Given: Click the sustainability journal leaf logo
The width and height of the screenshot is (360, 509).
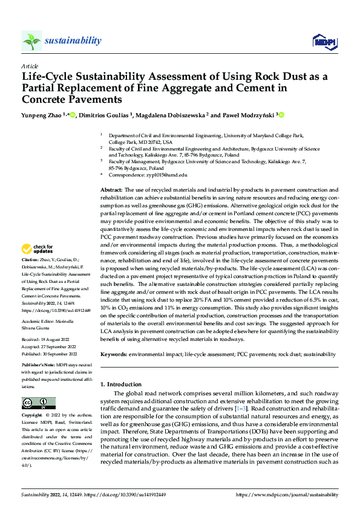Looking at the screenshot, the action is (x=32, y=41).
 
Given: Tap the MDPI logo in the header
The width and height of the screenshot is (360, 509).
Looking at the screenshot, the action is (x=321, y=41).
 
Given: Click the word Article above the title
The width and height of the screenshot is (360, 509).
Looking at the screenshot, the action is (x=30, y=65).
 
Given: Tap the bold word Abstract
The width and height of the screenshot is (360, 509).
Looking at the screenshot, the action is (x=113, y=190).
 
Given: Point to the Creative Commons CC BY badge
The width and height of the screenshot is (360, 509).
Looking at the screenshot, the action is (x=39, y=403).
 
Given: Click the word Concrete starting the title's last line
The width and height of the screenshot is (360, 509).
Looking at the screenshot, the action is (x=47, y=99).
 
